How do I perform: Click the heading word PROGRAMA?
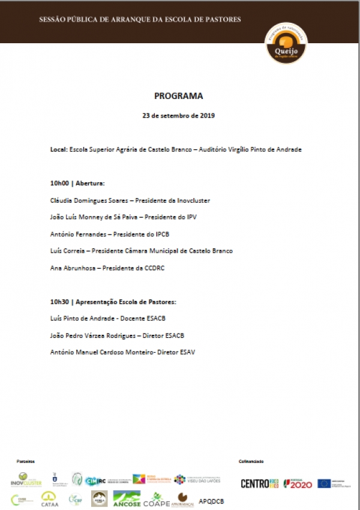(179, 95)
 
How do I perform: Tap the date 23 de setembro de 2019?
(179, 115)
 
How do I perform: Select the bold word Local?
(58, 149)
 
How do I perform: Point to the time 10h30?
(59, 301)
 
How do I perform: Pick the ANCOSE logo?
(127, 499)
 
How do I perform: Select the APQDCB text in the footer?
(211, 499)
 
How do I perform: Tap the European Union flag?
(324, 483)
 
